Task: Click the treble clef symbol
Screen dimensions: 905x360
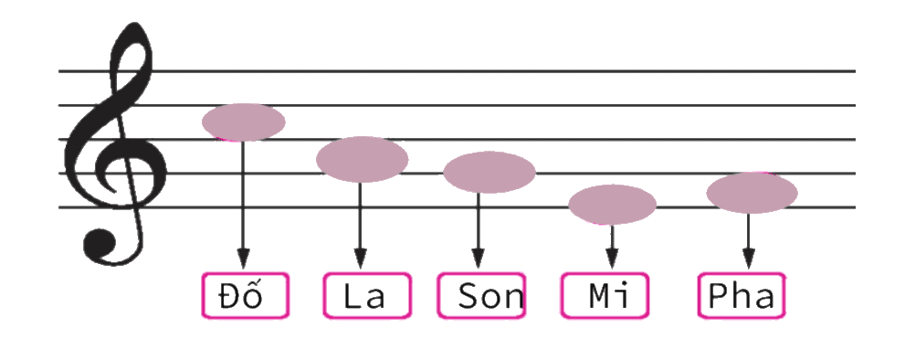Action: pyautogui.click(x=119, y=144)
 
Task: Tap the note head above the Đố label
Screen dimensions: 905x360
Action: pyautogui.click(x=244, y=122)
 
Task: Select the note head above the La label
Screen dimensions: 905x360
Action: pyautogui.click(x=363, y=160)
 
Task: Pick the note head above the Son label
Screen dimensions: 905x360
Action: pyautogui.click(x=489, y=172)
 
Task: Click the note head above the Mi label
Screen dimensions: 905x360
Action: pyautogui.click(x=613, y=205)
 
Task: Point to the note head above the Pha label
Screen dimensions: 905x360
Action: pyautogui.click(x=752, y=193)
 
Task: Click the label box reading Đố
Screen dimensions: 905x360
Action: pyautogui.click(x=246, y=296)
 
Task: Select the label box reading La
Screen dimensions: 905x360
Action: pyautogui.click(x=367, y=296)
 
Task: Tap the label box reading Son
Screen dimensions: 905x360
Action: pyautogui.click(x=481, y=296)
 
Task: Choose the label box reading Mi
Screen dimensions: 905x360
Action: pyautogui.click(x=605, y=296)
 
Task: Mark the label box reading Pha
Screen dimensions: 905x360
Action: pyautogui.click(x=742, y=296)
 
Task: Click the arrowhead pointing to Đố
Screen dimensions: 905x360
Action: pyautogui.click(x=244, y=259)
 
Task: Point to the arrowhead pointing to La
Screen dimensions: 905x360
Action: pyautogui.click(x=361, y=259)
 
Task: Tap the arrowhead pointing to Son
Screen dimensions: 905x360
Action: pyautogui.click(x=478, y=259)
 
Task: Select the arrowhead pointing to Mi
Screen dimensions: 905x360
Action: pyautogui.click(x=613, y=259)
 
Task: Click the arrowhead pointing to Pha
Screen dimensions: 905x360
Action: pyautogui.click(x=749, y=259)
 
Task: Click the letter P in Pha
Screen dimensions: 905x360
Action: pyautogui.click(x=717, y=295)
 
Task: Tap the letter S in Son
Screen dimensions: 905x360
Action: pyautogui.click(x=468, y=296)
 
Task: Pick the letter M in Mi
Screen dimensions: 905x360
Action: pyautogui.click(x=598, y=295)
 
